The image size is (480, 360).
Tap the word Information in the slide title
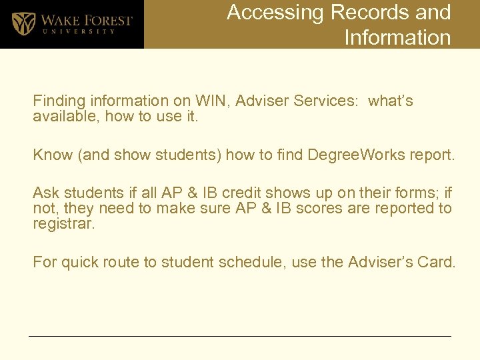click(x=397, y=37)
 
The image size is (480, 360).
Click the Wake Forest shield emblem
click(x=24, y=24)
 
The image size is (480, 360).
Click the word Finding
click(x=55, y=101)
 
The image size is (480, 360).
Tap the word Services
click(x=326, y=101)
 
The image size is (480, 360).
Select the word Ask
click(x=46, y=193)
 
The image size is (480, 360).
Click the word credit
click(x=242, y=193)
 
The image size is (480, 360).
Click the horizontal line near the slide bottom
click(x=240, y=336)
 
